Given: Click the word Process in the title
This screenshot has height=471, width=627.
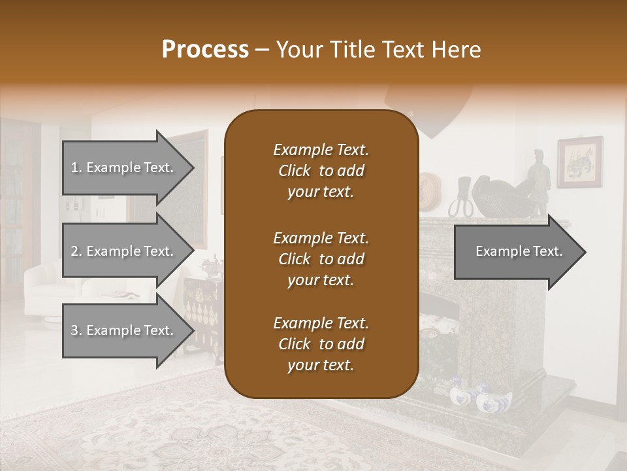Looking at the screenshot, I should coord(205,50).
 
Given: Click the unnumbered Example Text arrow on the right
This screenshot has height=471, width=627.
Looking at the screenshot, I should coord(519,251).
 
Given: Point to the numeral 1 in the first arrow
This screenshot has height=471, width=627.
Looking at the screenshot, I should coord(74,167).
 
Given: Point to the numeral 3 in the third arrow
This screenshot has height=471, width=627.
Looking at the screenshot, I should coord(74,330).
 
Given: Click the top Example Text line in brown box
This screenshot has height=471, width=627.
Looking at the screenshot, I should coord(321,150).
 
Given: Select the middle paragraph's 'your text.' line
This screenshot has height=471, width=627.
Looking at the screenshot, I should coord(321,280).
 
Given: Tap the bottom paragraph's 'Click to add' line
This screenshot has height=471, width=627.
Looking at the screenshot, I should coord(321,344).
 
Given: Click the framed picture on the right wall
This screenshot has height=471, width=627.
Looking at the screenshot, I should coord(579,162).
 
